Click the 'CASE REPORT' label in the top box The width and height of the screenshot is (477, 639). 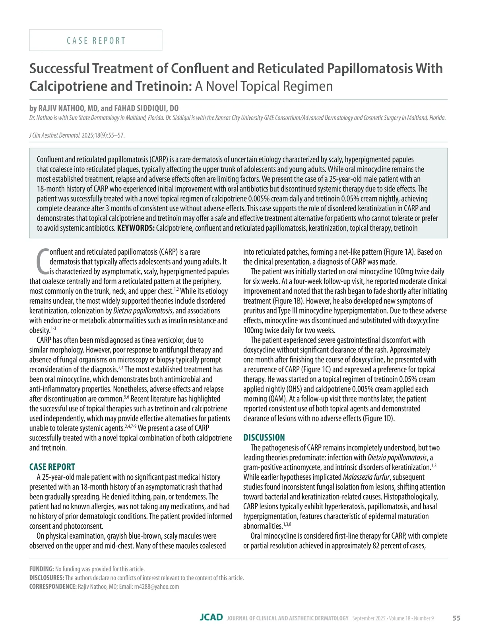click(x=96, y=41)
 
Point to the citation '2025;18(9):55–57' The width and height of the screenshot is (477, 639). click(x=103, y=135)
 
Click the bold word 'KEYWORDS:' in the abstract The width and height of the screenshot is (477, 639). click(x=136, y=228)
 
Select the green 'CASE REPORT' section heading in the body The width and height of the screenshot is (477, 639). click(x=52, y=467)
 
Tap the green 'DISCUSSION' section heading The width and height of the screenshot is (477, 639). click(x=264, y=438)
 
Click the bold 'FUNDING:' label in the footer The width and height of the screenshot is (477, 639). click(x=42, y=569)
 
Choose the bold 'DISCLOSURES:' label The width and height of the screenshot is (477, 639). click(x=47, y=578)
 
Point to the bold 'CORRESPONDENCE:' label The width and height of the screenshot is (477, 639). click(x=53, y=586)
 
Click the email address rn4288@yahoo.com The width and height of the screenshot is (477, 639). click(x=157, y=586)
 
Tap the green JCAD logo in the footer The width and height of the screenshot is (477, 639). click(x=211, y=618)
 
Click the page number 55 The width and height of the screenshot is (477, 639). click(x=456, y=618)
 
